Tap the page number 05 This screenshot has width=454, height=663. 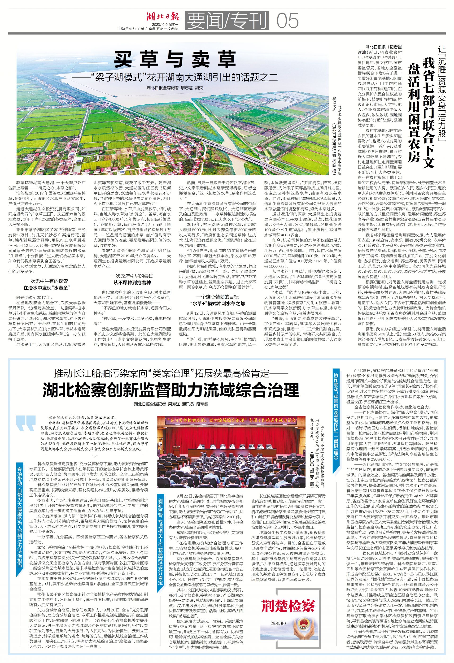[287, 21]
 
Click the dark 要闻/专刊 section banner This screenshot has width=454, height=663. [227, 21]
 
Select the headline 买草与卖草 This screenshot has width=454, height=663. [175, 59]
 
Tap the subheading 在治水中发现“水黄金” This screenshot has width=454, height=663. [47, 288]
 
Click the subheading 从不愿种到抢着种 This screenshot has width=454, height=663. [132, 282]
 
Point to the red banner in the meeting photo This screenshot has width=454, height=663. [231, 420]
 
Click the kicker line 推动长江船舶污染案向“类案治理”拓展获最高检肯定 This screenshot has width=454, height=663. [171, 373]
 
